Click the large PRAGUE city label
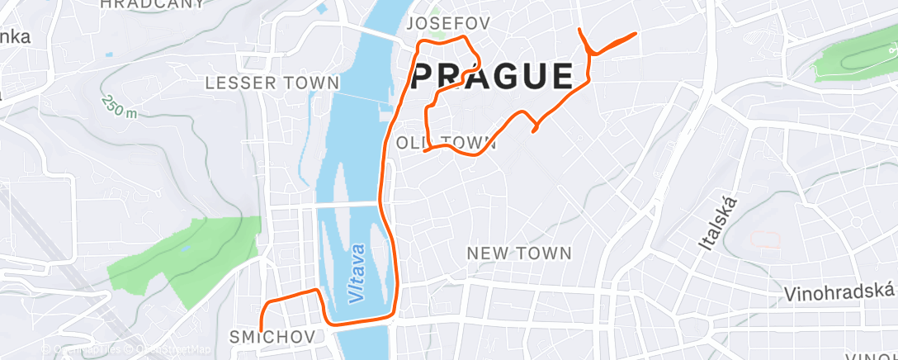[x=492, y=77]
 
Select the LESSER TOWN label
[x=272, y=83]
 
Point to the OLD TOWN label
[x=447, y=143]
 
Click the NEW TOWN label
[x=519, y=253]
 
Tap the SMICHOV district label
[x=272, y=337]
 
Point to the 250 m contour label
[x=119, y=106]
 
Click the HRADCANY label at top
[x=152, y=4]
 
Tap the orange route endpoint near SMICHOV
[x=261, y=330]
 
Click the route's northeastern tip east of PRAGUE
[x=635, y=33]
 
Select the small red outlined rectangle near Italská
[x=764, y=240]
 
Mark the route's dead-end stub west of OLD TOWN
[x=425, y=151]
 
